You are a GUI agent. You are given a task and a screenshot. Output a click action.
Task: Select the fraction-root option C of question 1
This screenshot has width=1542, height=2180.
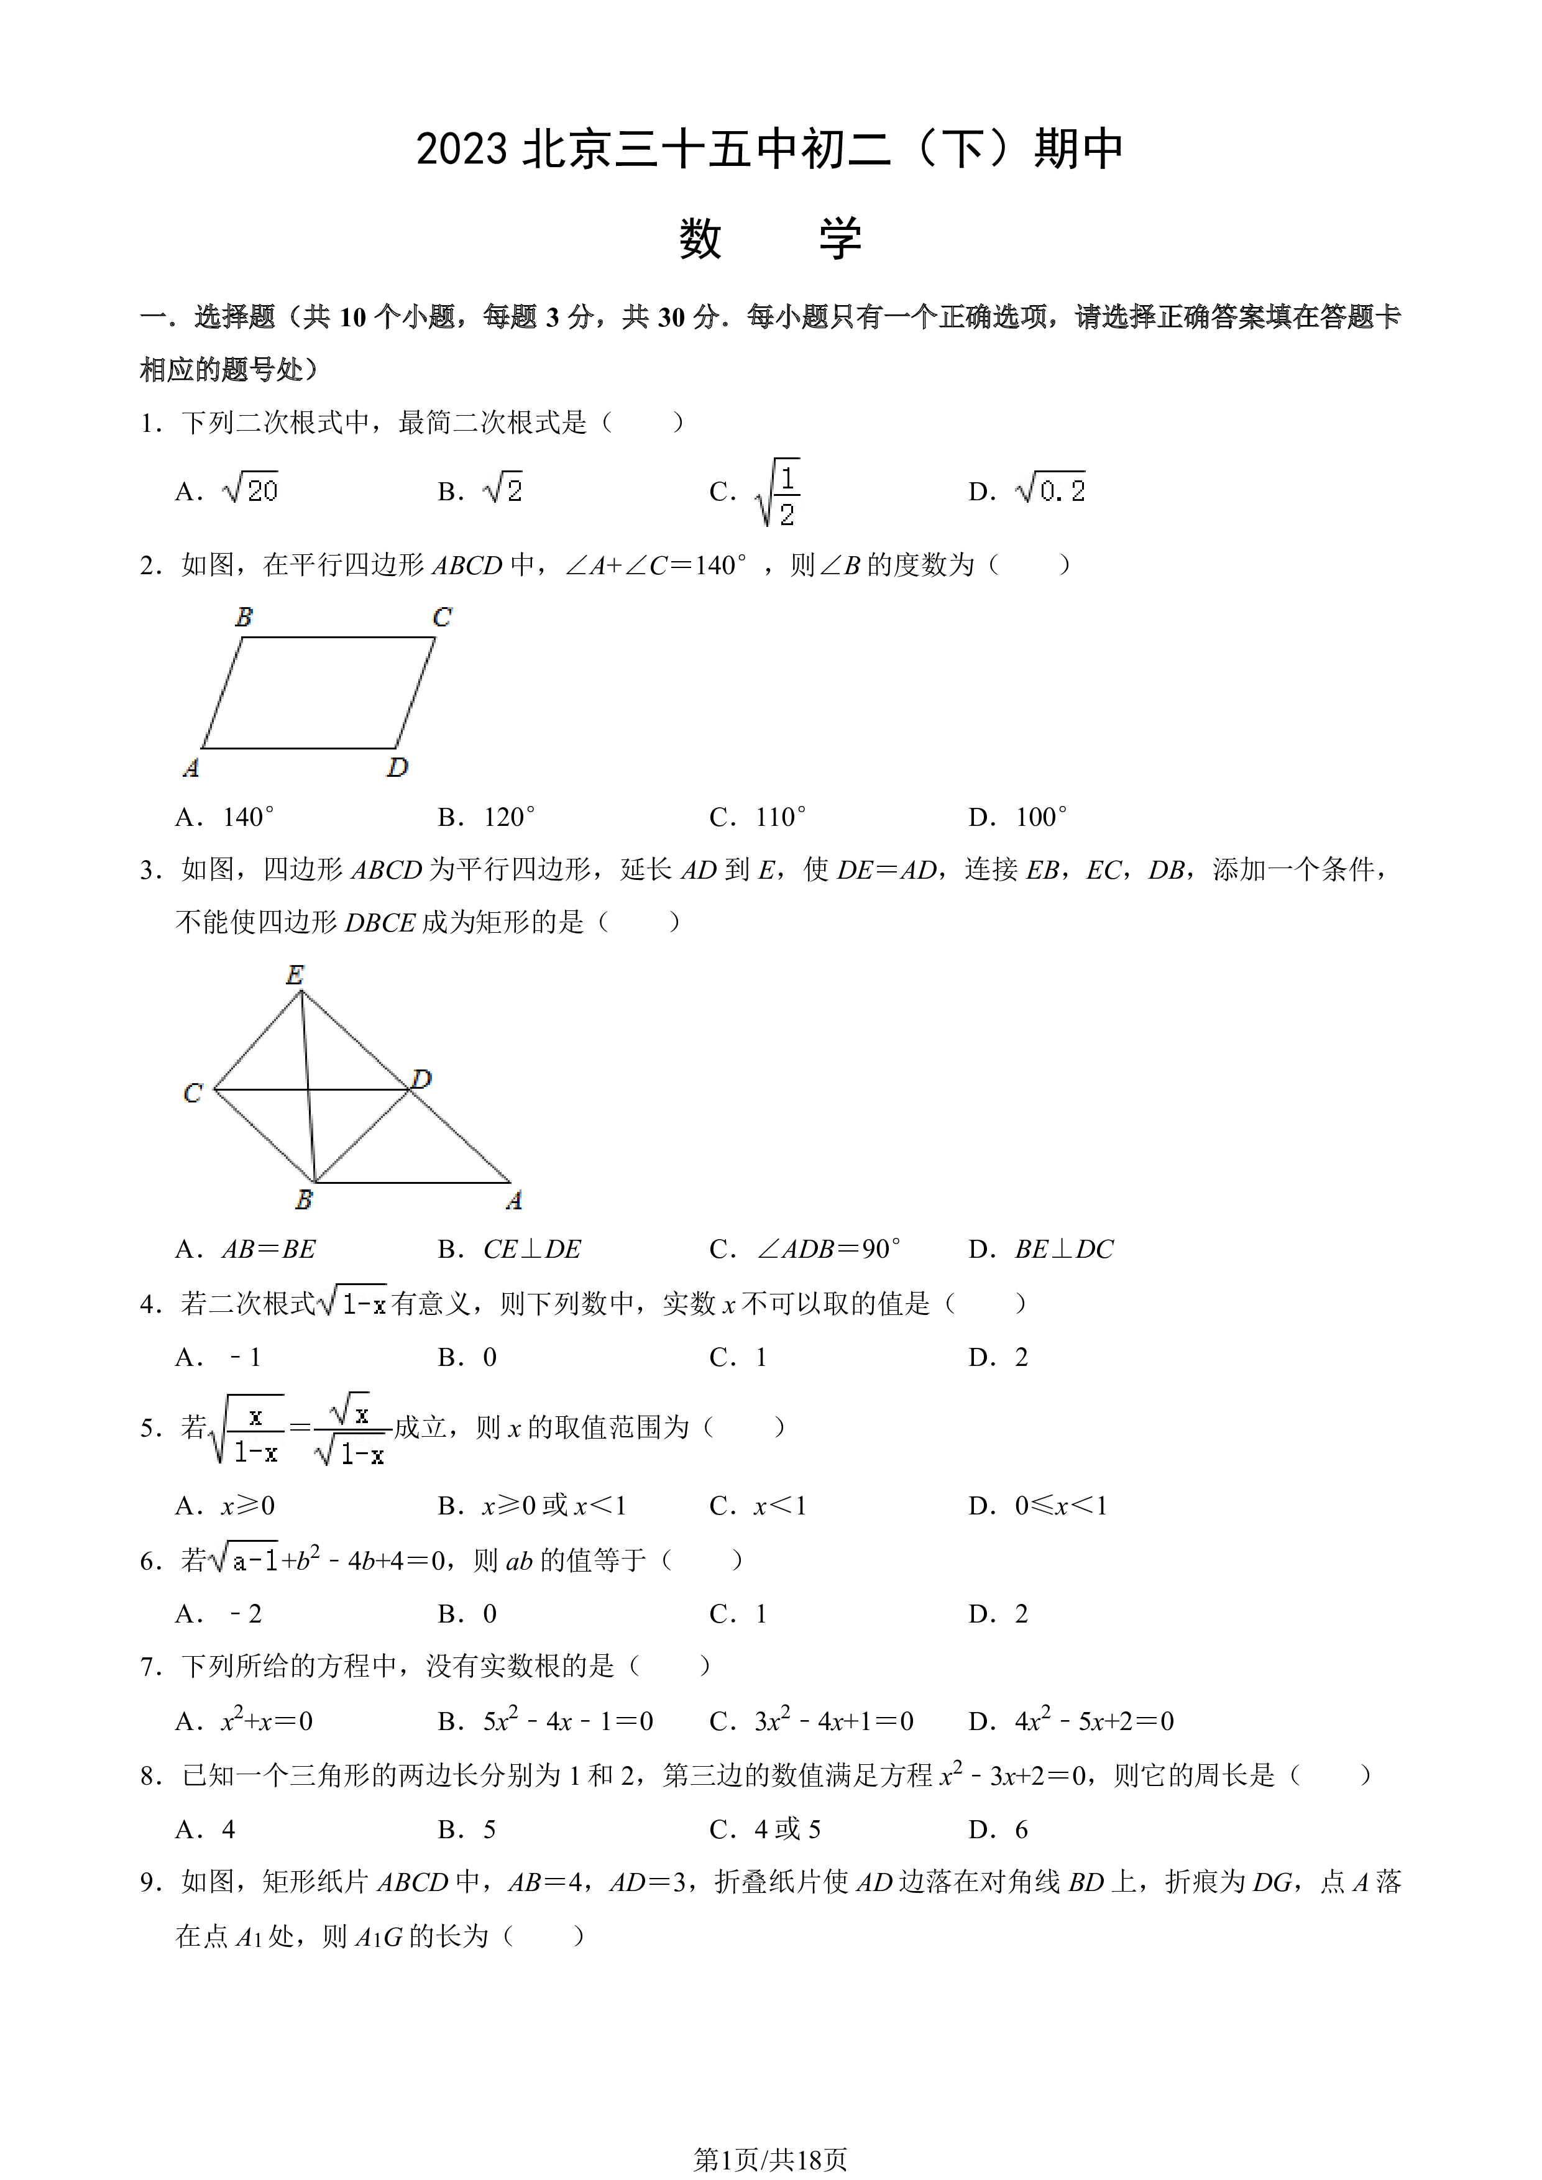coord(778,492)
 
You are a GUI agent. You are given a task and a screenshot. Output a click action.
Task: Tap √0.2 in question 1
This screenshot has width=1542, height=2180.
coord(1050,489)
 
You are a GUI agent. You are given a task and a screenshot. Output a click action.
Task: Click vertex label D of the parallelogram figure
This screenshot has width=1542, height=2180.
coord(397,767)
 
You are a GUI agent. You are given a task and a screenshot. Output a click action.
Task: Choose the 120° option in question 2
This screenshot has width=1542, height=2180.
coord(509,817)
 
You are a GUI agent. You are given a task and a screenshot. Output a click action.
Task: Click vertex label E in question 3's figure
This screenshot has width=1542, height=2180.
coord(295,974)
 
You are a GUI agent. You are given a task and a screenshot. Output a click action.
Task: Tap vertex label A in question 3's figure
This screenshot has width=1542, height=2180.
coord(513,1201)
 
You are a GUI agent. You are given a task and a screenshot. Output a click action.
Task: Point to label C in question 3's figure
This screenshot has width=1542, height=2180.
coord(193,1093)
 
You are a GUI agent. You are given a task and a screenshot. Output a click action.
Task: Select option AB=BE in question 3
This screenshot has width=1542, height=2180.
coord(268,1248)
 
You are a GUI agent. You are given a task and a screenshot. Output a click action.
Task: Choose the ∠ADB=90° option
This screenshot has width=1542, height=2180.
coord(828,1248)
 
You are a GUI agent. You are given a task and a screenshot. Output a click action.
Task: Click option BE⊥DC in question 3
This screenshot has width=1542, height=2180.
coord(1065,1248)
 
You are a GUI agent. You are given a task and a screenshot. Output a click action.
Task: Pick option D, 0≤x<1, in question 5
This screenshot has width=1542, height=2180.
coord(1060,1505)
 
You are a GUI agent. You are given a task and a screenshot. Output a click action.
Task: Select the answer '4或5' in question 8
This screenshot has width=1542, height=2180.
coord(787,1829)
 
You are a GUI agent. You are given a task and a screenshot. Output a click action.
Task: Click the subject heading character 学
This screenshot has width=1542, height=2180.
coord(840,238)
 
